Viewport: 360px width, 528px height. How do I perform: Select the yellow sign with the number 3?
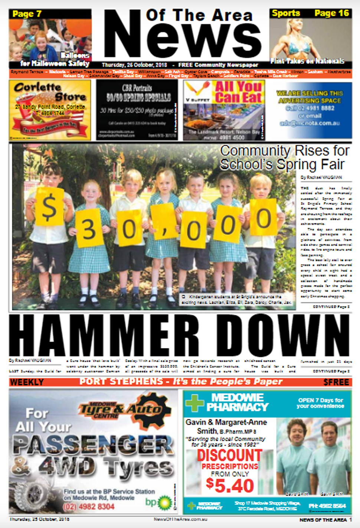click(89, 228)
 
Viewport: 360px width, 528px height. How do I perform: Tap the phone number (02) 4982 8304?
click(89, 506)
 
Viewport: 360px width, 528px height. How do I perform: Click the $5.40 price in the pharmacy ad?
click(230, 486)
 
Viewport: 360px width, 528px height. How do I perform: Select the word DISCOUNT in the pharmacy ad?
click(229, 456)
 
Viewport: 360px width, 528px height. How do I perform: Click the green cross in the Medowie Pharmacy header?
click(194, 402)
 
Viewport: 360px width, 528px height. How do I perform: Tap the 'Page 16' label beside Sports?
click(331, 13)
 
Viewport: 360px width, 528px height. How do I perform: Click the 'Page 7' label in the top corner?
click(27, 14)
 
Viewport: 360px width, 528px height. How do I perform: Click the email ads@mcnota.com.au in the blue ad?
click(310, 123)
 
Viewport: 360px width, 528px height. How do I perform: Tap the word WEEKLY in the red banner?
click(27, 382)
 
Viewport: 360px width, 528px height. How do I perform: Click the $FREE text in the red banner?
click(336, 382)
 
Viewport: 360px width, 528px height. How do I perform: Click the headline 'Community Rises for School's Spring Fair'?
click(285, 157)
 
